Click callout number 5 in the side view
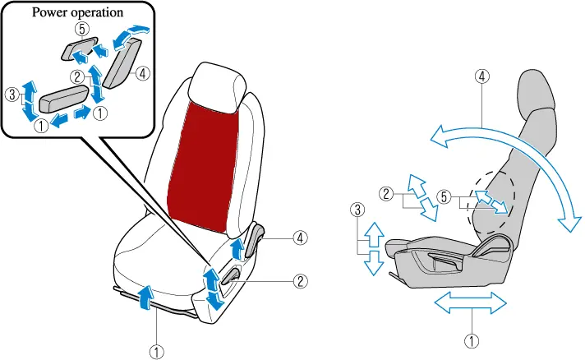pos(445,196)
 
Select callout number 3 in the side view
pos(357,210)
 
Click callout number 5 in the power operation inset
pos(81,28)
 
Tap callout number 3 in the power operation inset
pos(11,95)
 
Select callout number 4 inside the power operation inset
pos(143,73)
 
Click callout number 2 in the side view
pos(385,194)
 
